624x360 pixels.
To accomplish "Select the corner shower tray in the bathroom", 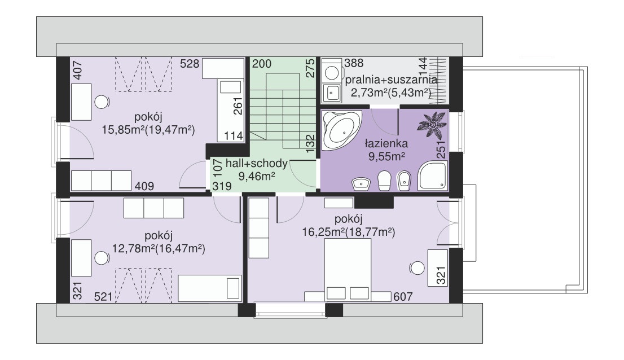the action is [433, 175].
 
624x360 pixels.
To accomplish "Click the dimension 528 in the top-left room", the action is [190, 64].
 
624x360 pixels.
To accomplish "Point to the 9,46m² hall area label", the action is [257, 176].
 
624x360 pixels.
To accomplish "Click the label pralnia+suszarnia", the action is [391, 80].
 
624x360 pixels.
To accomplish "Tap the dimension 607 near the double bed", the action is [403, 297].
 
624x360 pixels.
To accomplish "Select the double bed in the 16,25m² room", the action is [348, 270].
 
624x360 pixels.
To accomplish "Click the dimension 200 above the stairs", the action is [262, 64].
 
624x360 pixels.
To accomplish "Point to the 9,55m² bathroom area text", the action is [386, 156].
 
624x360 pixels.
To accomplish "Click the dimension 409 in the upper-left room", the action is [144, 186].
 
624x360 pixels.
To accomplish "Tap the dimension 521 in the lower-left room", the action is [103, 297].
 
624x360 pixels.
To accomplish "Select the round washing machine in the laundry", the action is [331, 73].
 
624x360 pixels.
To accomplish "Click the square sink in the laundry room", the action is [332, 93].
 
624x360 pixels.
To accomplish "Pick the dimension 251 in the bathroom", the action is [441, 150].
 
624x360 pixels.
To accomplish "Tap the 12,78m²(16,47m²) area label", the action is [159, 249].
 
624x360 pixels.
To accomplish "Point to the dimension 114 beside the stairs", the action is [234, 136].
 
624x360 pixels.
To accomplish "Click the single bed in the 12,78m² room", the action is [209, 288].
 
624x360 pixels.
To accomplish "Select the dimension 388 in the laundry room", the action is [354, 63].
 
